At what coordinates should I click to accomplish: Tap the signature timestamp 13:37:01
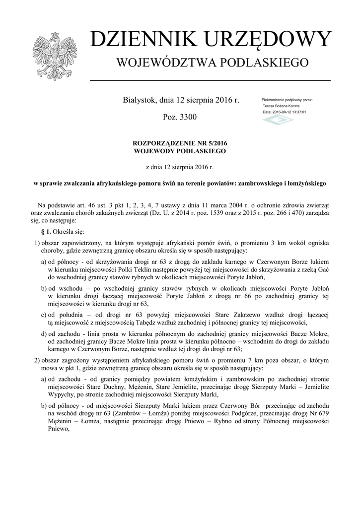tap(298, 112)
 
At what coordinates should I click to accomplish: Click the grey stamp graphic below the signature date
tap(278, 121)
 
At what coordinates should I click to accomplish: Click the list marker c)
tap(44, 314)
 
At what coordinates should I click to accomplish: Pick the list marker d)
tap(44, 334)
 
